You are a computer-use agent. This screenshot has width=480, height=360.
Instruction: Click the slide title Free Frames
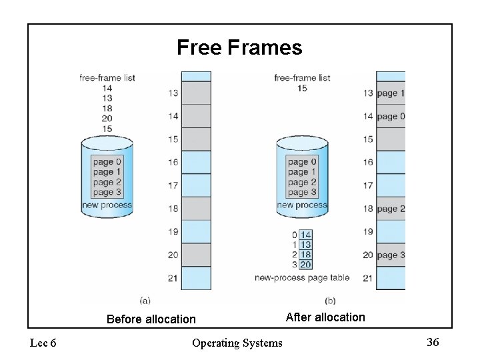pyautogui.click(x=239, y=48)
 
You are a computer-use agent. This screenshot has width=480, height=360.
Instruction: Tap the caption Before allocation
pyautogui.click(x=151, y=319)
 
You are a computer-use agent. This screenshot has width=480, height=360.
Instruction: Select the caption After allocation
pyautogui.click(x=325, y=317)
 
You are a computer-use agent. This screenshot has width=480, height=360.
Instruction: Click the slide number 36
pyautogui.click(x=433, y=342)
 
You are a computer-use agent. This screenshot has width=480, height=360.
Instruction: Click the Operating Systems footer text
pyautogui.click(x=237, y=343)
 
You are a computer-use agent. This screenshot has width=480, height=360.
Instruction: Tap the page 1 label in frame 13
pyautogui.click(x=391, y=93)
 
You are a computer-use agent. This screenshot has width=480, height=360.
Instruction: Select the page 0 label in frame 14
pyautogui.click(x=391, y=117)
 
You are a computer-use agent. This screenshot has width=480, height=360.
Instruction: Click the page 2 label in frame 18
pyautogui.click(x=391, y=209)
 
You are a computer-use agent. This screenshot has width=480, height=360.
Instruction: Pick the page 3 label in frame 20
pyautogui.click(x=391, y=255)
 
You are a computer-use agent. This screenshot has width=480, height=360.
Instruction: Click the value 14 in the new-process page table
pyautogui.click(x=305, y=235)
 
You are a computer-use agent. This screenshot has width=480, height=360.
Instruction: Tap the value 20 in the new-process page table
pyautogui.click(x=305, y=265)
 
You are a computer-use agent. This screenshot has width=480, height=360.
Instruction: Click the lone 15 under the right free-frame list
pyautogui.click(x=302, y=88)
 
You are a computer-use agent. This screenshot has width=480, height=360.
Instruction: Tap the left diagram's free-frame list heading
pyautogui.click(x=107, y=78)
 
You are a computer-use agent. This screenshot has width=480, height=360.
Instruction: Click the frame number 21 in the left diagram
pyautogui.click(x=173, y=278)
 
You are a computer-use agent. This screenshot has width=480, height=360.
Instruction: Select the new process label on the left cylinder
pyautogui.click(x=107, y=205)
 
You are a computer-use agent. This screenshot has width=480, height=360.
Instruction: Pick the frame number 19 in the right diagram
pyautogui.click(x=368, y=232)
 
